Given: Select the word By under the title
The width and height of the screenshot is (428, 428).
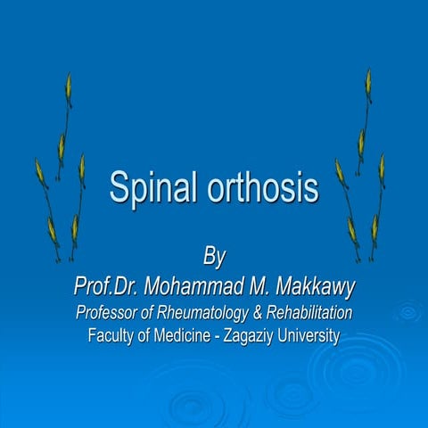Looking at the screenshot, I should coord(214,257).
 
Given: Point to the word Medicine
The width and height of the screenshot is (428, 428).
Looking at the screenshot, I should coord(187,336).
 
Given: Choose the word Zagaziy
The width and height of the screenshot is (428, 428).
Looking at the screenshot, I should coord(255,336).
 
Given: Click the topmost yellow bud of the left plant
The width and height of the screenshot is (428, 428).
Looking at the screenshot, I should coord(68,86).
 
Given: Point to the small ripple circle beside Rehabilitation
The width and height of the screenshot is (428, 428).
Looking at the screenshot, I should coord(407,312).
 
